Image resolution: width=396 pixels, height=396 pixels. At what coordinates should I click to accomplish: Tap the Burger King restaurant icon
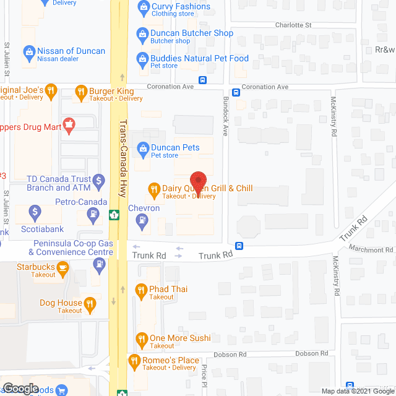pos(80,93)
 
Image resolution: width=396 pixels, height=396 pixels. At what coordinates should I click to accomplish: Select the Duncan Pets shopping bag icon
pos(143,147)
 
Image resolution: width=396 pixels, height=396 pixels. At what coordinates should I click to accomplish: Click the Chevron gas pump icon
pos(143,219)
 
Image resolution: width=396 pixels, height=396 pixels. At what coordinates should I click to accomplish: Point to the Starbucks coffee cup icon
pos(62,267)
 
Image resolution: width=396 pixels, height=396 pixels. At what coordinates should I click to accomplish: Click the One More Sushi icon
pos(140,338)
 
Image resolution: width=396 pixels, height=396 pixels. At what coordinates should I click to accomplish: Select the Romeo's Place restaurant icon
pos(133,360)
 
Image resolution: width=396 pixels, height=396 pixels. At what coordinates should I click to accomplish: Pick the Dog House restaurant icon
pos(90,303)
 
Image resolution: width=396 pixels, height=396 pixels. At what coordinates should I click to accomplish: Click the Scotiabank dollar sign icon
pos(35,213)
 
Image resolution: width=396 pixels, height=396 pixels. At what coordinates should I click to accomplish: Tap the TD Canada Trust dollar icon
pos(98,183)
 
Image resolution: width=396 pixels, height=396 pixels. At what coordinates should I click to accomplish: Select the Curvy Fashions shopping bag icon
pos(143,7)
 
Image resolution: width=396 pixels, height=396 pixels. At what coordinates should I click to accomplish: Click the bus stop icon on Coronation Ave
pos(202,80)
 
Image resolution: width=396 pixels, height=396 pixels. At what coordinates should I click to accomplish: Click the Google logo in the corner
pos(20,388)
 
